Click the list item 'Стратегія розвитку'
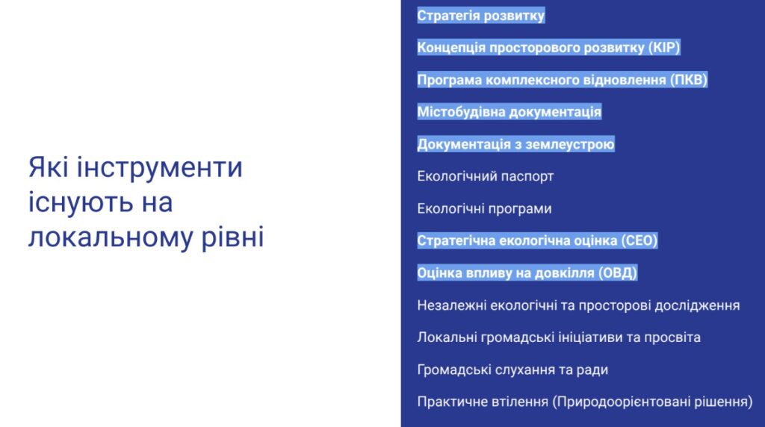(480, 16)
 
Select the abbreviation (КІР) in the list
(664, 48)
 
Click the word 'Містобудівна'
(460, 112)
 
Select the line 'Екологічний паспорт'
(486, 176)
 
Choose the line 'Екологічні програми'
(484, 209)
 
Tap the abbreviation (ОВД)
(618, 273)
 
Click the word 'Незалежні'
(452, 305)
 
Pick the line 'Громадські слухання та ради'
(512, 370)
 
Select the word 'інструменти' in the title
(160, 167)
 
